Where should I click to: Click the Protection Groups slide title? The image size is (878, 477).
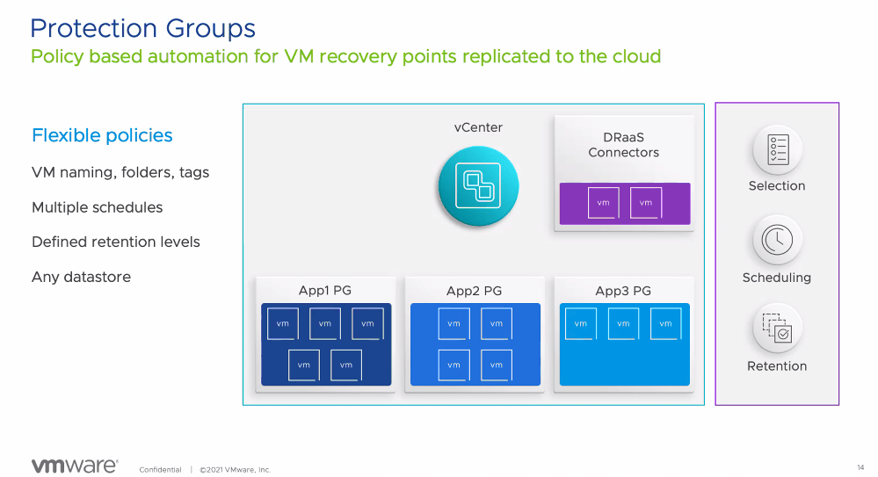coord(142,28)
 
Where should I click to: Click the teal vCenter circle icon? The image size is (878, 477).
coord(478,185)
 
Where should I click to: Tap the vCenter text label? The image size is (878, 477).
coord(478,127)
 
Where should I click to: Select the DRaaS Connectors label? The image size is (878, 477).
coord(623,145)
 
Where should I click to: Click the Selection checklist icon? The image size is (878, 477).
coord(777,149)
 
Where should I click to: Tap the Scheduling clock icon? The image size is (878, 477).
coord(777,239)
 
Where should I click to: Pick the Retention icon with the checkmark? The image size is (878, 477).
coord(777,328)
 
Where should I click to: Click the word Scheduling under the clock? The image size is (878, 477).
coord(777,278)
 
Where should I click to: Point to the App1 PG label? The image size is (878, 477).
coord(324,291)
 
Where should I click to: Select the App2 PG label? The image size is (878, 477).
coord(475,291)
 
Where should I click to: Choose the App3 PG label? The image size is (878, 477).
coord(623,291)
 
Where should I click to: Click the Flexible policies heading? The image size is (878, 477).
coord(102,135)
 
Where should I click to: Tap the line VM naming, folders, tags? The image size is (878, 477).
coord(120,172)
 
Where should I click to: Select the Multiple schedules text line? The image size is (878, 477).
coord(97,207)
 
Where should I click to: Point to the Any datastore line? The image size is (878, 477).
coord(81,277)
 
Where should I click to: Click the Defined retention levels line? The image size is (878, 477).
coord(116,242)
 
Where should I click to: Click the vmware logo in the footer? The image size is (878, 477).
coord(74,466)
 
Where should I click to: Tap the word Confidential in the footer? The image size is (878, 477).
coord(160,470)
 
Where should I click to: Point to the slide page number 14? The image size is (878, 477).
coord(860,466)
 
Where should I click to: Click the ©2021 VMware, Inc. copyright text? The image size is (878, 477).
coord(235,470)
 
